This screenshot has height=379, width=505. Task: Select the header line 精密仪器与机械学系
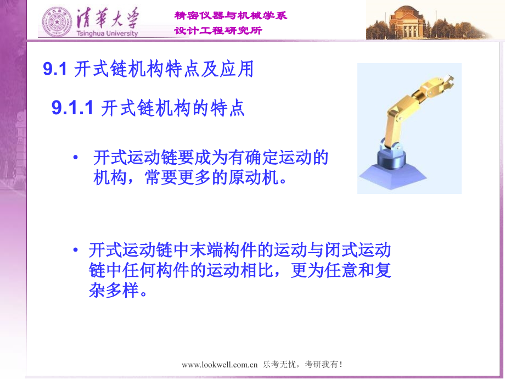tap(231, 16)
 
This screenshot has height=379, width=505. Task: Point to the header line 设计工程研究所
tap(218, 31)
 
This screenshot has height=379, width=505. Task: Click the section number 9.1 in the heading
tap(54, 70)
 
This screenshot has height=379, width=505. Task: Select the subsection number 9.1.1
tap(74, 108)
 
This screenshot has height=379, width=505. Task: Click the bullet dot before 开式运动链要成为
tap(76, 158)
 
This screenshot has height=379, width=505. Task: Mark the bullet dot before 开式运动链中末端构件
tap(76, 251)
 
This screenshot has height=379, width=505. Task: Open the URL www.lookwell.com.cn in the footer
tap(220, 365)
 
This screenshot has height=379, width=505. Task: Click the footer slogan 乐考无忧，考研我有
tap(303, 365)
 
